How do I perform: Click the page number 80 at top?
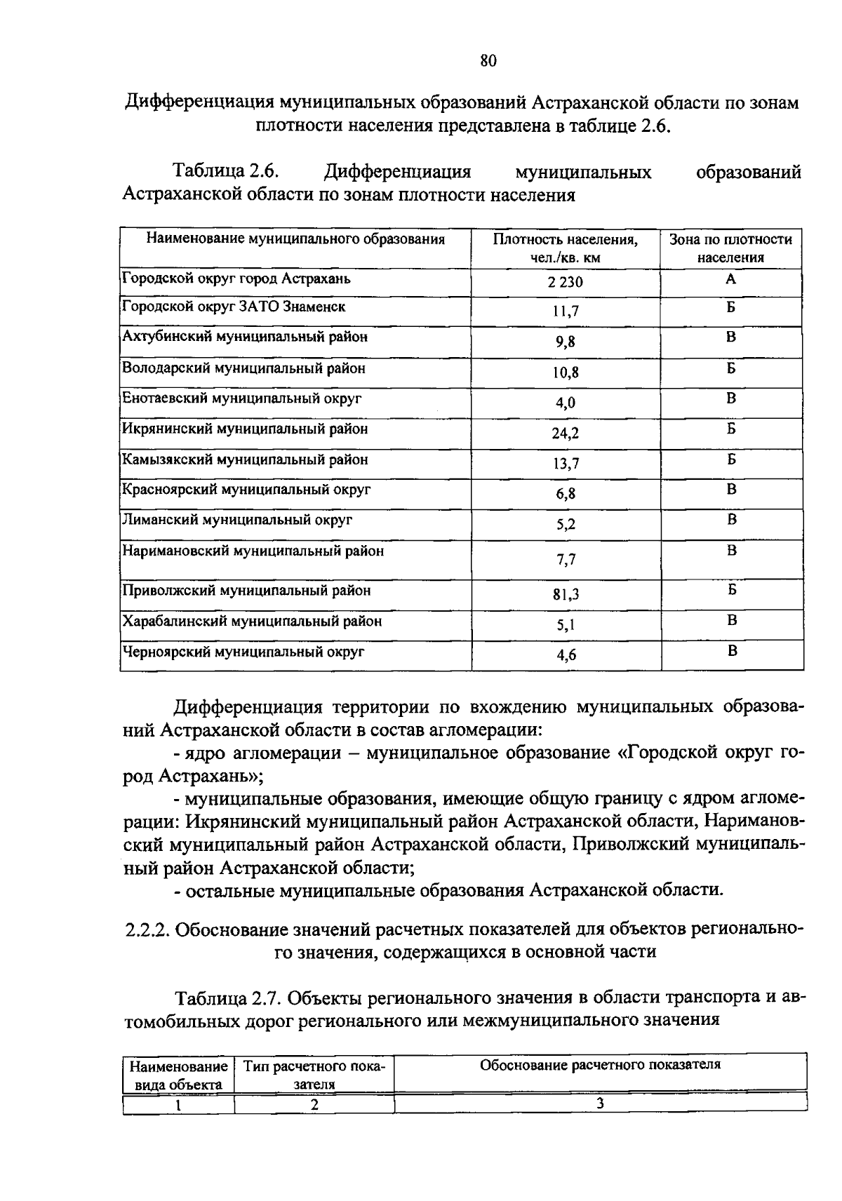(x=488, y=61)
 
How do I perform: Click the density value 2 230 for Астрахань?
(x=565, y=283)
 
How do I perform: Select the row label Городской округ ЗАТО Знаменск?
(x=234, y=307)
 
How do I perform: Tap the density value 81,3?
(x=565, y=595)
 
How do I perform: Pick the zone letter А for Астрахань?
(x=730, y=279)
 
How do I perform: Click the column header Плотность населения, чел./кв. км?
(x=565, y=248)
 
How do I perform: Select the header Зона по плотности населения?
(x=730, y=248)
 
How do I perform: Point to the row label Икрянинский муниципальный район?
(x=245, y=429)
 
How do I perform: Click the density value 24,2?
(x=565, y=433)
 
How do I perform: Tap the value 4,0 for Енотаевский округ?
(x=565, y=403)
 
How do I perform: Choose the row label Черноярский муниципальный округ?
(x=243, y=652)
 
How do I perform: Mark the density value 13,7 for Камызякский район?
(x=565, y=464)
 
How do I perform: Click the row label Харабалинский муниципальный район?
(x=252, y=621)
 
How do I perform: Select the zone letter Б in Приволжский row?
(x=731, y=589)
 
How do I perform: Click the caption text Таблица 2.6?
(x=227, y=171)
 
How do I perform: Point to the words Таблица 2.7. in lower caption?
(x=228, y=997)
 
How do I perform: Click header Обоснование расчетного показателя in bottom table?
(x=600, y=1065)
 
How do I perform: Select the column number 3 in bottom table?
(x=600, y=1103)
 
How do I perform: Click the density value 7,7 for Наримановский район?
(x=565, y=559)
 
